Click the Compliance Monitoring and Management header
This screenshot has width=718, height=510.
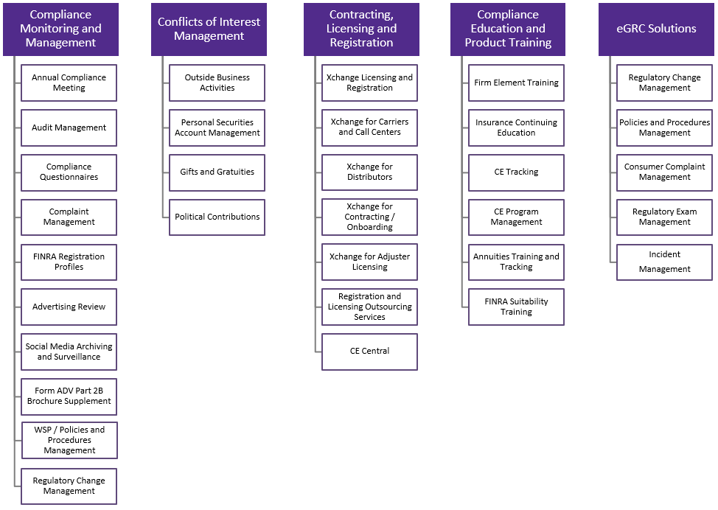60,29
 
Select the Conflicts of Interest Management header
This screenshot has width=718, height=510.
209,29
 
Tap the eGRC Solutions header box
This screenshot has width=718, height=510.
656,29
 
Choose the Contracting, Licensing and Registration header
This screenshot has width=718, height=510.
361,29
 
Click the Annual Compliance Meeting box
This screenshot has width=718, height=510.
69,83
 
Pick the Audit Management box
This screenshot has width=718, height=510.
69,128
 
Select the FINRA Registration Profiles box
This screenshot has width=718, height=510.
69,262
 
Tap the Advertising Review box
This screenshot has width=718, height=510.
69,307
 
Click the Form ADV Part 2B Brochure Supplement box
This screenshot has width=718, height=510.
69,397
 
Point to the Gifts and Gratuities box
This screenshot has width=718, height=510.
217,172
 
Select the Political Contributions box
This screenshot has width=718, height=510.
217,217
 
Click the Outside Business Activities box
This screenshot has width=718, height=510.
217,83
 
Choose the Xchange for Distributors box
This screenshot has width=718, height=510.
369,172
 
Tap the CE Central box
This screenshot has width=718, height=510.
369,352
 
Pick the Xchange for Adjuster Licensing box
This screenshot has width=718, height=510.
369,262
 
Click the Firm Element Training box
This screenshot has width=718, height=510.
516,83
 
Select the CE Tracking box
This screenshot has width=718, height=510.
516,172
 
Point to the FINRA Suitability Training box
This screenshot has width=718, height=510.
516,307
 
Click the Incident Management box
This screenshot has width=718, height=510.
664,262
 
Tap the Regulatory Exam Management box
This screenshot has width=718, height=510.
664,217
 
